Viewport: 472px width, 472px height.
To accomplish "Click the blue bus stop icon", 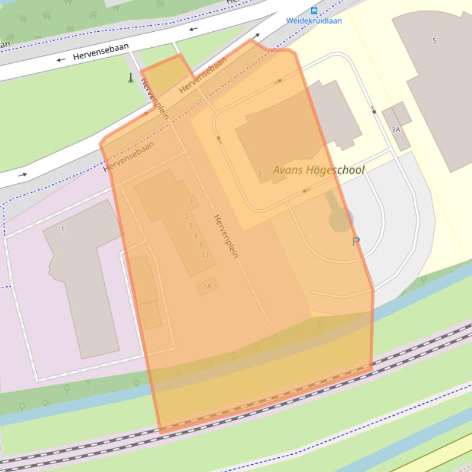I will coord(314,10).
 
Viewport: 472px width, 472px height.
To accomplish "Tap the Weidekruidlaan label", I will coord(314,20).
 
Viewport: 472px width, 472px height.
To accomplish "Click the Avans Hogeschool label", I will coord(319,170).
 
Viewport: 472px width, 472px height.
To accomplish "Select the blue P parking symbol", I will coord(355,242).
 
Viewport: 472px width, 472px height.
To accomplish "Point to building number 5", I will coord(435,41).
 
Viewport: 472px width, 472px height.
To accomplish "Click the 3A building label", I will coord(395,129).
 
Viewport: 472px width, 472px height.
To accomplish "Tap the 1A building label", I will coord(207,286).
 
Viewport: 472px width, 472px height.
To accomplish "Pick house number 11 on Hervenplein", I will coord(205,255).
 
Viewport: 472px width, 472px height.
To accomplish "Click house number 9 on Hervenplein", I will coord(195,235).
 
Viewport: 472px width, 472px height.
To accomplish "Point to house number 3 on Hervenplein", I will coord(185,216).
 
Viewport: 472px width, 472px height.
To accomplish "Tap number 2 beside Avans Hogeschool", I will coord(259,174).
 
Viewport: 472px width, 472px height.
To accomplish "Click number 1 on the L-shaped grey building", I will coord(63,230).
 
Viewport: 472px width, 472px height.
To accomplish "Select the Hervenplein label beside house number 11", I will coord(225,236).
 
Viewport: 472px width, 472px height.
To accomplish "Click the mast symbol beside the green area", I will coord(130,78).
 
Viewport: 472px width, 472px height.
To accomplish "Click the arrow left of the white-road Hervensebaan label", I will coord(60,60).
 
